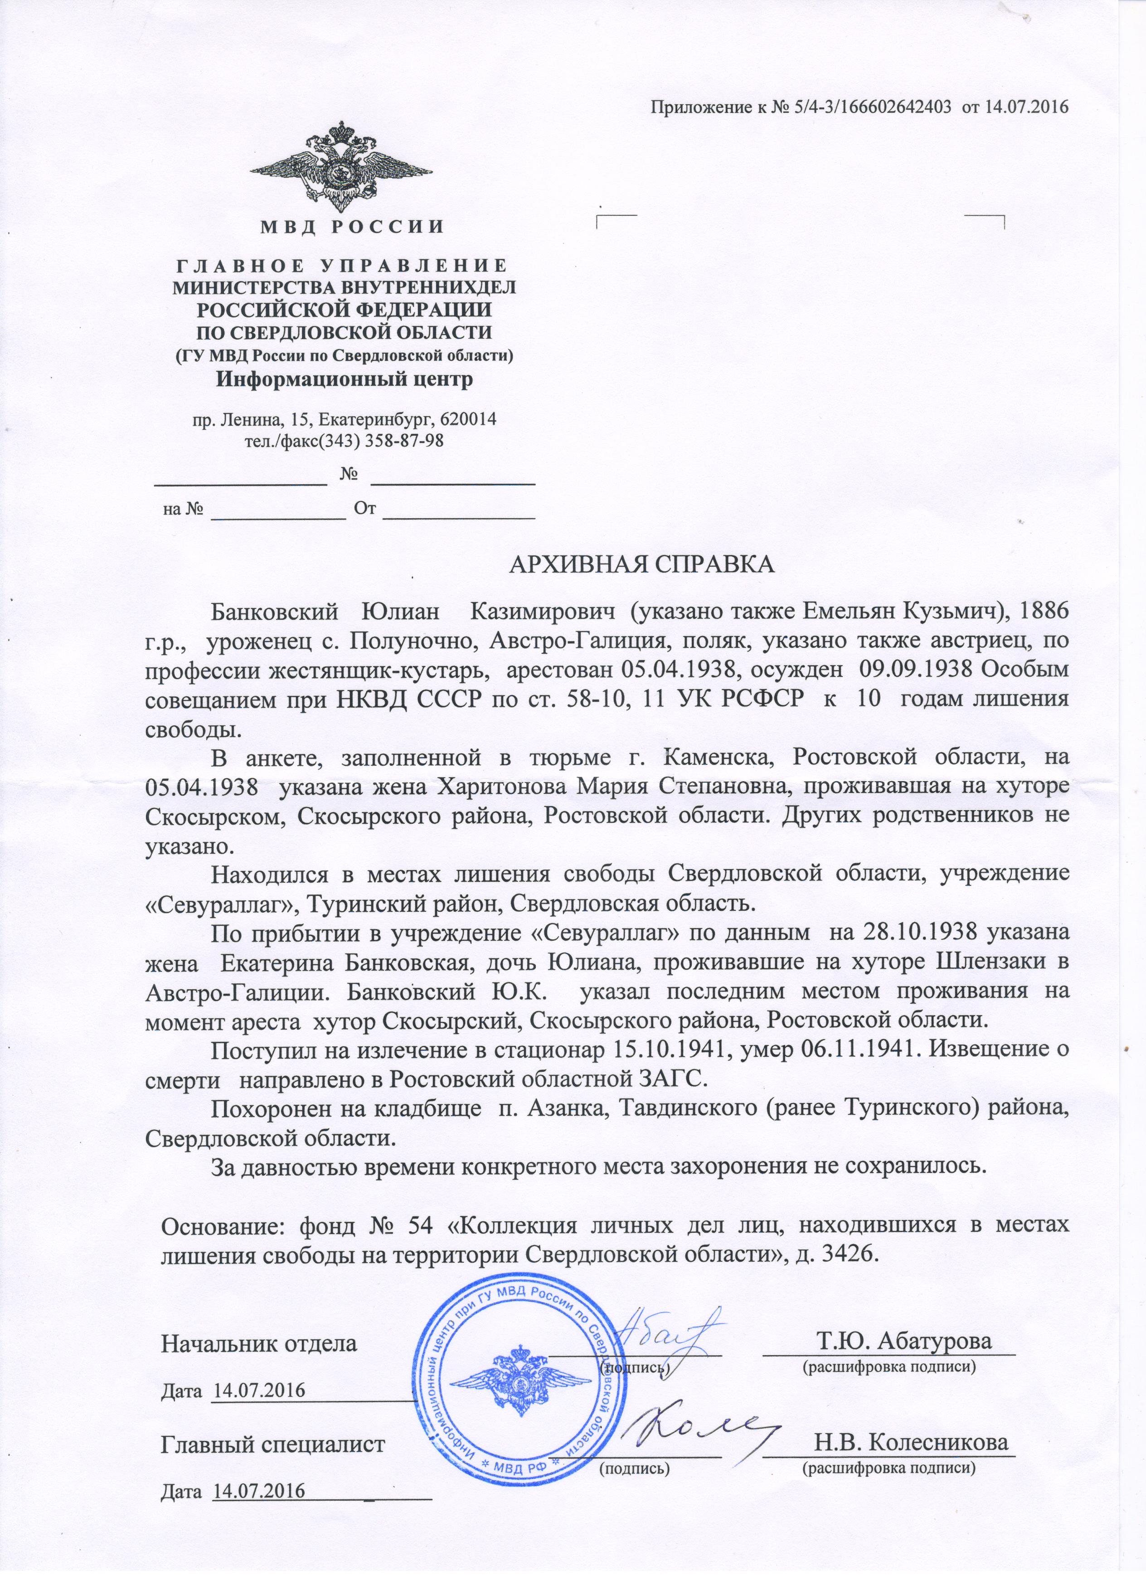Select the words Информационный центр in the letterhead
344,380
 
